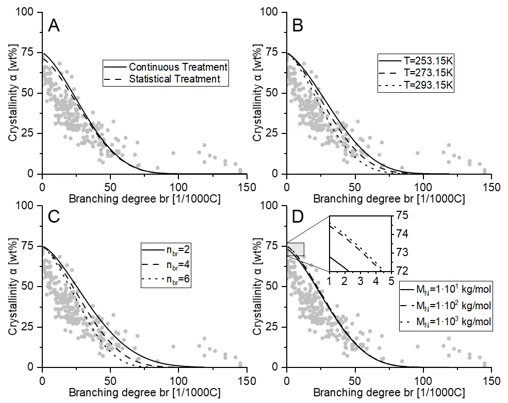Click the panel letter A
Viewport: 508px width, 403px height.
54,26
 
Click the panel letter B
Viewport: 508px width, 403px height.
298,26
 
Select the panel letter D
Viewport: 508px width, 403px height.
298,217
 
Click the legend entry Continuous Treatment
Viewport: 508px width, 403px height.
166,67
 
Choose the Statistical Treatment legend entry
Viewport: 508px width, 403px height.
162,79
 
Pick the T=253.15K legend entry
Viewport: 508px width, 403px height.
416,61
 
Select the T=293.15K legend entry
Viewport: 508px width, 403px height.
416,85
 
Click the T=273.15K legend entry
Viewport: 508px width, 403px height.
416,73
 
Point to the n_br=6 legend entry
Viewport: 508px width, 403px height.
166,280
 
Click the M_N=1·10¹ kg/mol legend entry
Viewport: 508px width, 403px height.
446,289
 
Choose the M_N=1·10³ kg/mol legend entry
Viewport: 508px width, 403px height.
446,322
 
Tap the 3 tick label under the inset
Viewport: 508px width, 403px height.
360,281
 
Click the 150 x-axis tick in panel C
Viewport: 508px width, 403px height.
247,381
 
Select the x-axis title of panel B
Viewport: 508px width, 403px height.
389,199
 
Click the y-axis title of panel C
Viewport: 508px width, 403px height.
13,287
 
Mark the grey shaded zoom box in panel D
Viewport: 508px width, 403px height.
296,249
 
